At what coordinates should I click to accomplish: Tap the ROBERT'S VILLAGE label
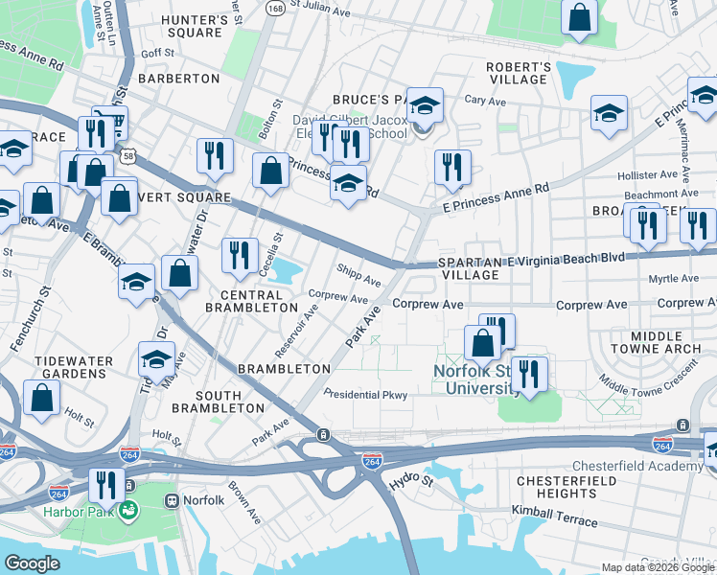tap(518, 73)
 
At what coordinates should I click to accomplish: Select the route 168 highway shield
tap(276, 9)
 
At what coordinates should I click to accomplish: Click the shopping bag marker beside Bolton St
tap(271, 171)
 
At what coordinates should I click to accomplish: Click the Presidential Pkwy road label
tap(365, 394)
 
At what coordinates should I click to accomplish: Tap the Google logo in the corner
tap(32, 563)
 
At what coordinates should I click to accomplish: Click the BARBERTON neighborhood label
tap(179, 78)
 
